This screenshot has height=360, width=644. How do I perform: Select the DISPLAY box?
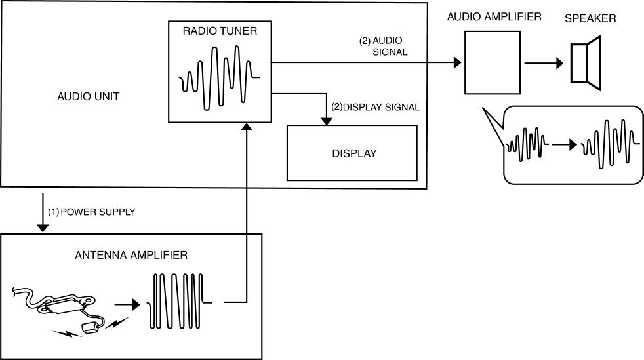coord(352,153)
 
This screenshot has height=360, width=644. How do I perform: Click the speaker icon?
coord(586,62)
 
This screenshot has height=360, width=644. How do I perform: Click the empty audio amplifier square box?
coord(493,64)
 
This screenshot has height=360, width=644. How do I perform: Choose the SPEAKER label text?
coord(590,18)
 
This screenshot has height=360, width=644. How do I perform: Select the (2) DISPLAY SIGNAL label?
coord(376,106)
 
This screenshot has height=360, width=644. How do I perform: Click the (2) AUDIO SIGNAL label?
coord(383,45)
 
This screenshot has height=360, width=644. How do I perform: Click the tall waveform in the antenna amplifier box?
coord(177,300)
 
